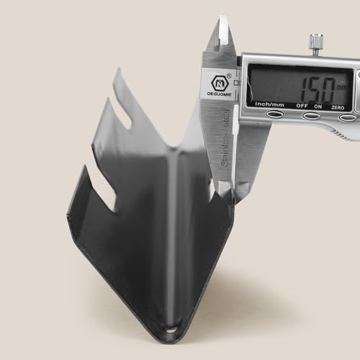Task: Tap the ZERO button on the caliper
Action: point(346,117)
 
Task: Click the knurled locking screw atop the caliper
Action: point(315,44)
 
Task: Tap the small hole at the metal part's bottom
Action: point(171,330)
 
